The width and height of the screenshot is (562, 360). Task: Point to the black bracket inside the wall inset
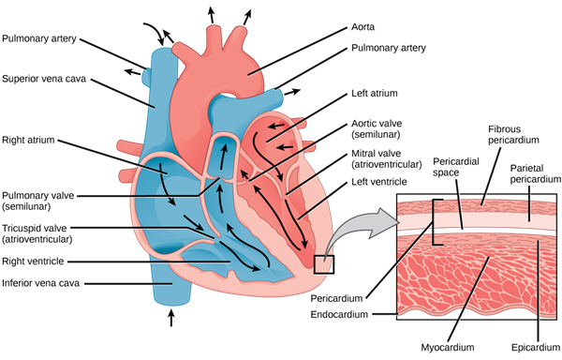[x=434, y=234]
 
